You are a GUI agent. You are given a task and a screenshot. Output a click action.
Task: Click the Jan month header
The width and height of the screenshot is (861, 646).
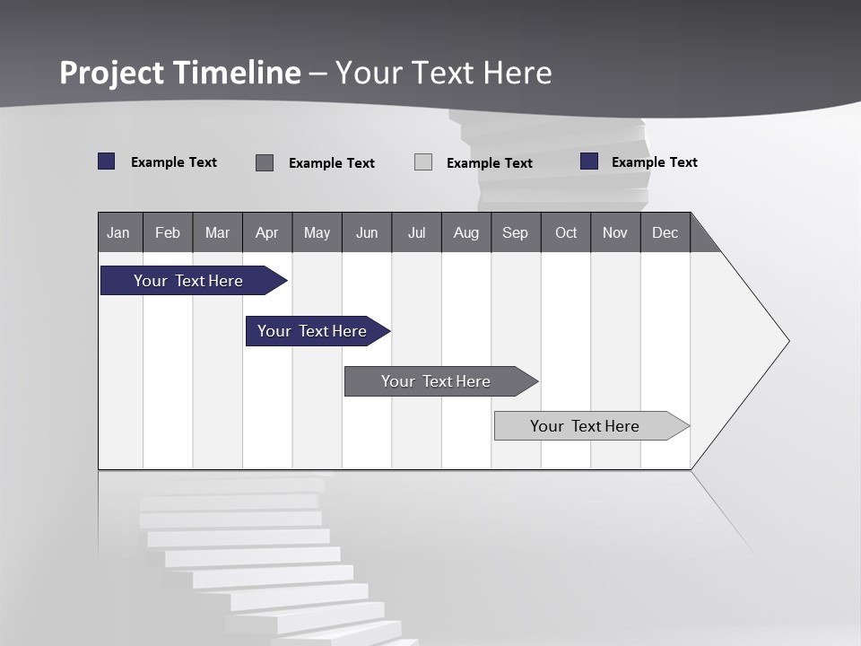click(x=119, y=232)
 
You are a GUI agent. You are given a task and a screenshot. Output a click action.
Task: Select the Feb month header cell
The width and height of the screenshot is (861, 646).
click(x=168, y=232)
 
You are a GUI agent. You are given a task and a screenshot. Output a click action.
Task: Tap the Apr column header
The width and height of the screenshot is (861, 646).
click(x=267, y=232)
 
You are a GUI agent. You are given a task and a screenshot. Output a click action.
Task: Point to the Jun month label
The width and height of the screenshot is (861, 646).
click(x=367, y=233)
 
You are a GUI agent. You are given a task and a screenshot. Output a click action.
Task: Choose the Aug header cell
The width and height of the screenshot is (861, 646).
click(x=466, y=232)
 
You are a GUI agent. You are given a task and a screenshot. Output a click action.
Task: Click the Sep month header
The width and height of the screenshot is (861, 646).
click(x=516, y=232)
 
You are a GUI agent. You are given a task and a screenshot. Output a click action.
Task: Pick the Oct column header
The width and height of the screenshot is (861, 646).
click(x=566, y=232)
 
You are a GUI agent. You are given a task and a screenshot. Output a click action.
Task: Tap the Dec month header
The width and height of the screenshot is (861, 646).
click(x=665, y=232)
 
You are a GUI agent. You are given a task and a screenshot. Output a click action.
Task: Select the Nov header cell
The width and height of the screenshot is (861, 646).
click(x=615, y=232)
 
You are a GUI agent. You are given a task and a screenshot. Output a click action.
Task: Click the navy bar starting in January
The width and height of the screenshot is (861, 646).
click(x=188, y=281)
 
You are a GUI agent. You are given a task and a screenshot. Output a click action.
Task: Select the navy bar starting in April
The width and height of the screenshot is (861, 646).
click(x=312, y=331)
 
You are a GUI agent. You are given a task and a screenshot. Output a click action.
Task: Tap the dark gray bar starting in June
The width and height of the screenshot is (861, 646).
click(x=436, y=381)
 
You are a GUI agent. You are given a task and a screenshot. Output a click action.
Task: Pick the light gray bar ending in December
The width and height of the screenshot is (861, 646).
click(x=585, y=426)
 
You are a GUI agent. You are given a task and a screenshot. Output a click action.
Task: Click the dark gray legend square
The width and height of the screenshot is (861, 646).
click(x=265, y=162)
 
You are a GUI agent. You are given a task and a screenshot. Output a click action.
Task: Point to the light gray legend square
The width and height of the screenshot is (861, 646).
click(x=423, y=162)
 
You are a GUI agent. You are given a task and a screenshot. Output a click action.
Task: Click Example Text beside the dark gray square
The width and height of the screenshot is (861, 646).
click(x=332, y=163)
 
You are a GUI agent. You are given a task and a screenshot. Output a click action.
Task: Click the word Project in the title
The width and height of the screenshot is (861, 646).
click(x=113, y=73)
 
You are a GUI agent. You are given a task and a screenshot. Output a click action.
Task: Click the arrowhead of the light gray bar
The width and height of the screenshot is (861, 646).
click(x=680, y=426)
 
